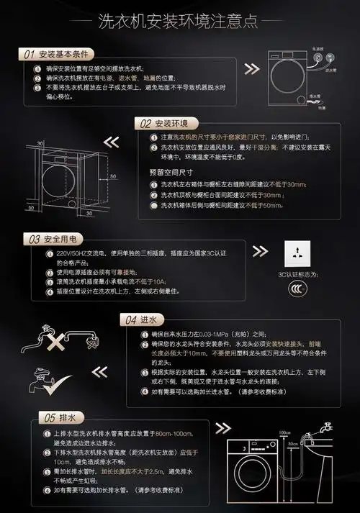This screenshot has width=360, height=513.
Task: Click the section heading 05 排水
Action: click(55, 417)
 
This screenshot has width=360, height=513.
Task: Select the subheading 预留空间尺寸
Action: click(171, 173)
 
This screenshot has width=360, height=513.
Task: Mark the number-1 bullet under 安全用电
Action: click(39, 254)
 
